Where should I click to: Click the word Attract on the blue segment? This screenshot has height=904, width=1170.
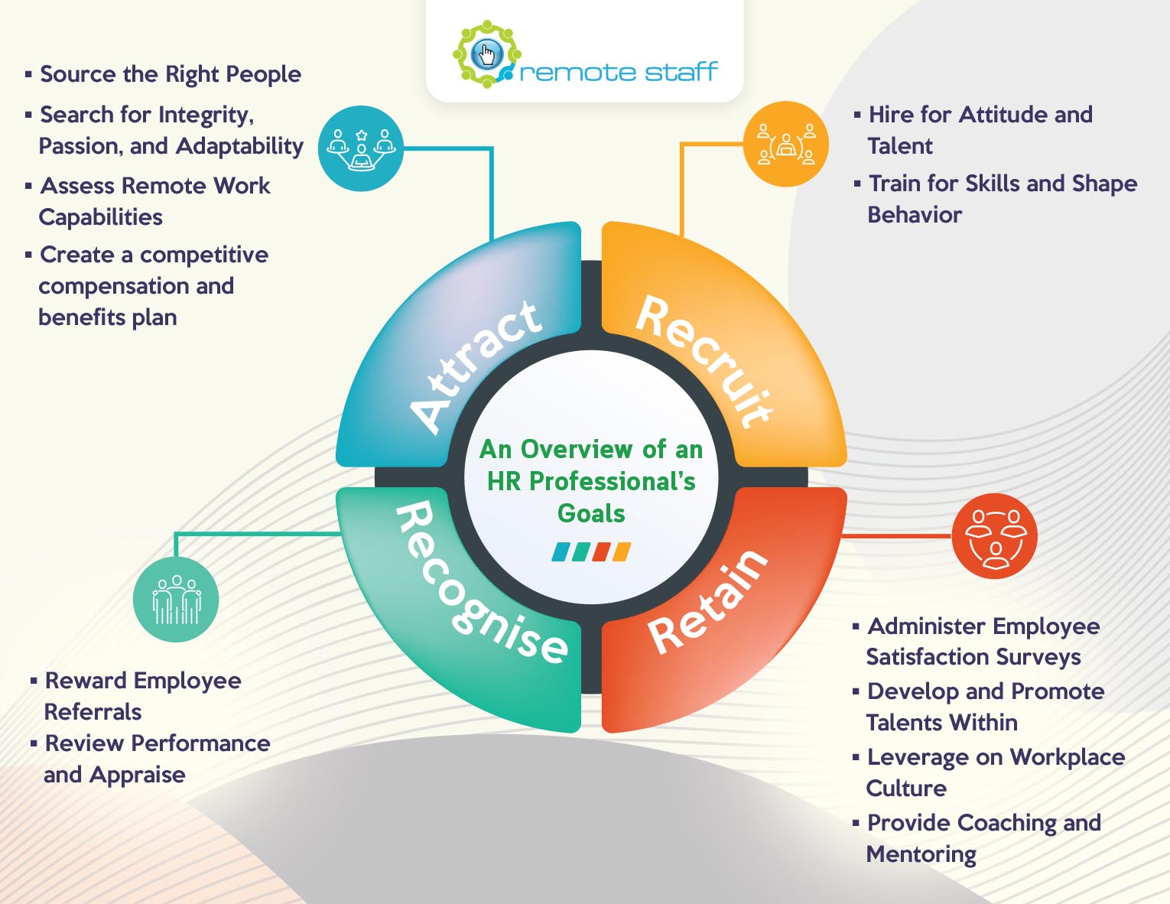pos(475,366)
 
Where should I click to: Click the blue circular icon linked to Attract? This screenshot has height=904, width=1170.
pos(361,148)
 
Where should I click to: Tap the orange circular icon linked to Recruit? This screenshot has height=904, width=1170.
pos(785,144)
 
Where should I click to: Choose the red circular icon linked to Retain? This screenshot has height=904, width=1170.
pos(994,535)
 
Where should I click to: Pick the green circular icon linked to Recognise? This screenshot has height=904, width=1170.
pos(176,600)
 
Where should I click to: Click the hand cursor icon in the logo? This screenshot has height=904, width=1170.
pos(487,54)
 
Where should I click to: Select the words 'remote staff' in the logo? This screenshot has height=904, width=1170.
pos(619,72)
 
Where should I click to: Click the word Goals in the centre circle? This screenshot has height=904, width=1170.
pos(591,513)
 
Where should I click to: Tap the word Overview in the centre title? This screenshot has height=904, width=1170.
pos(577,449)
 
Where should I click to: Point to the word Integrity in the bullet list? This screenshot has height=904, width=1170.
pos(206,115)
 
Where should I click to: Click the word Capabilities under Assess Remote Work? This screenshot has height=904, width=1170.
pos(100,217)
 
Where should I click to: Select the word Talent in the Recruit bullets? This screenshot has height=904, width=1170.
pos(900,146)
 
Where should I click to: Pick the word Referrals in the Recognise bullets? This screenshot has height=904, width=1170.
pos(93,712)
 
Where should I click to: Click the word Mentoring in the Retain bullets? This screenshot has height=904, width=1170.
pos(921,854)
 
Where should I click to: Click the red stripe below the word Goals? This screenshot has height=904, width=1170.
pos(601,552)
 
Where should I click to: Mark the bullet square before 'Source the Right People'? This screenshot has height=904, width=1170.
pos(28,73)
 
